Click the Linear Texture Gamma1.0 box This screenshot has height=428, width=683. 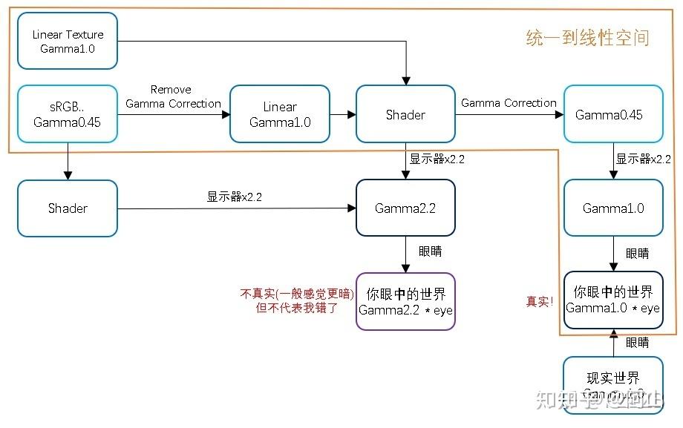[x=68, y=42]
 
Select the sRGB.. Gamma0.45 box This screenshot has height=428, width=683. [x=68, y=113]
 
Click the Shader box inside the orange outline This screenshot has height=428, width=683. [x=405, y=114]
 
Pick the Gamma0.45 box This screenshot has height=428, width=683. [x=612, y=114]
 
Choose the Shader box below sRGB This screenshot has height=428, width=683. [x=68, y=208]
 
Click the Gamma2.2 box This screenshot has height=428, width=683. [x=405, y=208]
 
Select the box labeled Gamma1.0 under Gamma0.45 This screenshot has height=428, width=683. [x=612, y=208]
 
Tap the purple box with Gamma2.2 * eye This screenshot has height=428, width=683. [x=405, y=300]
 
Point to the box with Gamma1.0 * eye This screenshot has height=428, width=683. [x=612, y=299]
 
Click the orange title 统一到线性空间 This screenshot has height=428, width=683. [x=587, y=38]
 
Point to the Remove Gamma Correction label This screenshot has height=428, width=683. [x=173, y=97]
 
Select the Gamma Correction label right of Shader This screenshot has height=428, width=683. [x=509, y=103]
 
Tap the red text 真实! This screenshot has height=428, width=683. [x=540, y=302]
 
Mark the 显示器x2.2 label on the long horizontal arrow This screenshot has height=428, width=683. [x=234, y=197]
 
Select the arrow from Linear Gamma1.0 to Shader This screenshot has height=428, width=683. [x=343, y=114]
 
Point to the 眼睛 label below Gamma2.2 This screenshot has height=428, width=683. [x=429, y=251]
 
